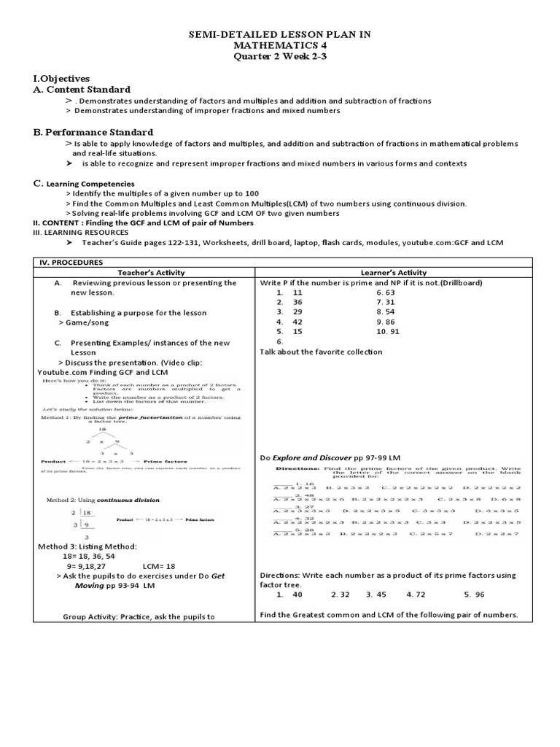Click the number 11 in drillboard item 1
click(x=297, y=292)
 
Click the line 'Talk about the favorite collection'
click(x=321, y=352)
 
